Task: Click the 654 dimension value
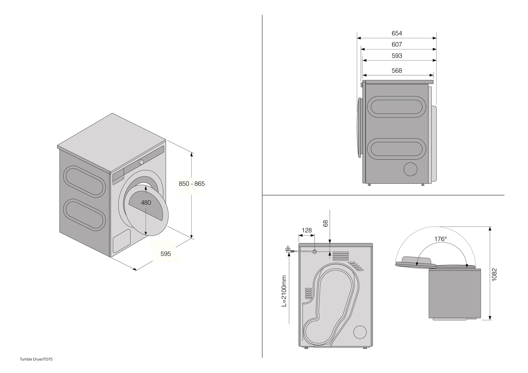pyautogui.click(x=397, y=33)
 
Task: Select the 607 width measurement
pyautogui.click(x=397, y=44)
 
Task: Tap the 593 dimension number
pyautogui.click(x=397, y=56)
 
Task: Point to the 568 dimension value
pyautogui.click(x=397, y=71)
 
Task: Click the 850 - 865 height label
pyautogui.click(x=192, y=184)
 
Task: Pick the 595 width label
pyautogui.click(x=166, y=254)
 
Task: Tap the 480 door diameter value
pyautogui.click(x=146, y=203)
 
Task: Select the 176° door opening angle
pyautogui.click(x=441, y=239)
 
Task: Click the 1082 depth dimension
pyautogui.click(x=494, y=274)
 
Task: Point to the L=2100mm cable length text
pyautogui.click(x=284, y=291)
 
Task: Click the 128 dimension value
pyautogui.click(x=307, y=230)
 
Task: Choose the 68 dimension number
pyautogui.click(x=325, y=223)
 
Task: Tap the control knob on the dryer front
pyautogui.click(x=141, y=162)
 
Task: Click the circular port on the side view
pyautogui.click(x=410, y=169)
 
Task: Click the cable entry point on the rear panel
pyautogui.click(x=315, y=251)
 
